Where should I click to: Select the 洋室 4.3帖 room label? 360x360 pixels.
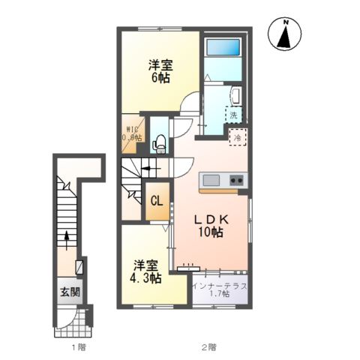[x=147, y=271]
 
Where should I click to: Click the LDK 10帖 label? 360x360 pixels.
[x=210, y=226]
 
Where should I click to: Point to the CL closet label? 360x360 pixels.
[x=157, y=201]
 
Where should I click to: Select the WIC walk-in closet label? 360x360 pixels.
[x=133, y=133]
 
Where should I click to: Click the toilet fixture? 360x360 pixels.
[x=158, y=142]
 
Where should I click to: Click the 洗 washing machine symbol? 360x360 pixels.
[x=234, y=115]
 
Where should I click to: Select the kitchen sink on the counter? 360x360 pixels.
[x=209, y=180]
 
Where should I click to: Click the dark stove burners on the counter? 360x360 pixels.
[x=238, y=180]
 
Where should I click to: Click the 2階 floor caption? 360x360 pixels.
[x=208, y=347]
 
